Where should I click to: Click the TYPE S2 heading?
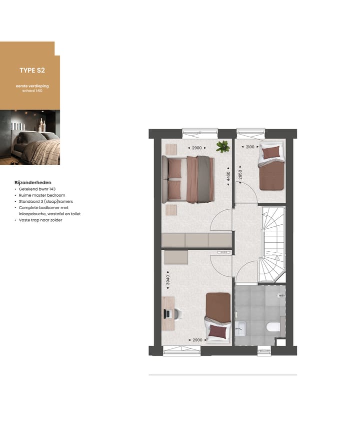32,71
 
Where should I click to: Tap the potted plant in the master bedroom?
222,146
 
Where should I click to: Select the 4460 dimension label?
228,176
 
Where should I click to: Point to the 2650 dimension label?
240,175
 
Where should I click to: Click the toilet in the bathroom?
273,328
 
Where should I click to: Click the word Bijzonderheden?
33,183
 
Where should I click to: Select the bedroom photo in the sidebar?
30,137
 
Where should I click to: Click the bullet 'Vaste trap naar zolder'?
40,220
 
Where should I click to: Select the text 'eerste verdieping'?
32,86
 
